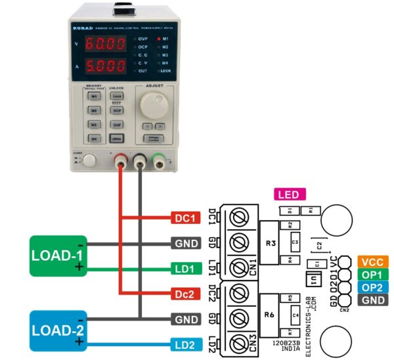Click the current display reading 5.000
pyautogui.click(x=106, y=66)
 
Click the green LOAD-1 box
pyautogui.click(x=58, y=256)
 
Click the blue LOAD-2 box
pyautogui.click(x=58, y=330)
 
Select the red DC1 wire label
pyautogui.click(x=186, y=218)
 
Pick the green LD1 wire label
pyautogui.click(x=186, y=268)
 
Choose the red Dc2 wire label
pyautogui.click(x=186, y=293)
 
